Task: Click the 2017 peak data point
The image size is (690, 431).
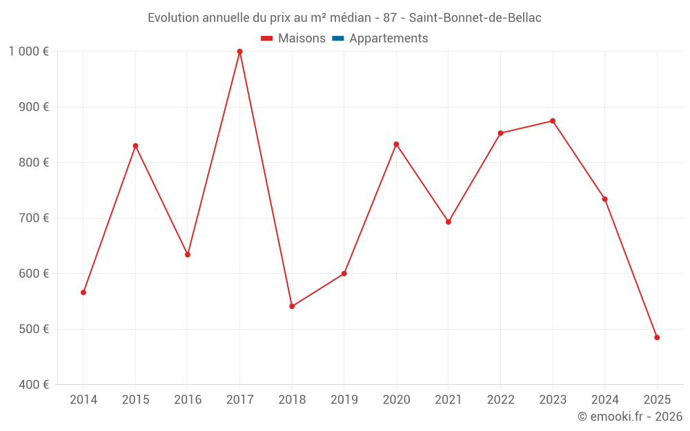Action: point(239,52)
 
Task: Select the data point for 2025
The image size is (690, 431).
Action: point(657,337)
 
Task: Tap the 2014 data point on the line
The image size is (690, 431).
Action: point(83,292)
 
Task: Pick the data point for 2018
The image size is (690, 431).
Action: point(292,306)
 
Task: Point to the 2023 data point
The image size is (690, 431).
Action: point(553,121)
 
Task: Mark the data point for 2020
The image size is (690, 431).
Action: point(396,144)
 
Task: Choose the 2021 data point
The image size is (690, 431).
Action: point(448,222)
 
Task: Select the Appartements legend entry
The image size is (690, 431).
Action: point(388,39)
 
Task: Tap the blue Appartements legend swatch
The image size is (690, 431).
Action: point(337,39)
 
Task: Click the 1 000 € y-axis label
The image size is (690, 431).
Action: point(28,52)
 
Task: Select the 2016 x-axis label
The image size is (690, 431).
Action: point(188,400)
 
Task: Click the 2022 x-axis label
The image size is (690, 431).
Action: point(500,400)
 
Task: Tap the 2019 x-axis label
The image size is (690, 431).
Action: point(344,400)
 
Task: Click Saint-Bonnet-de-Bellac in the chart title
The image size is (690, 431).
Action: point(475,17)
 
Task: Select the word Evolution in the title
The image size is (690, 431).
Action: point(173,17)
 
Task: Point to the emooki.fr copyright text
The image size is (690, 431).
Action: point(630,417)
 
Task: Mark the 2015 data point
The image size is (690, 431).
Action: point(135,146)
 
